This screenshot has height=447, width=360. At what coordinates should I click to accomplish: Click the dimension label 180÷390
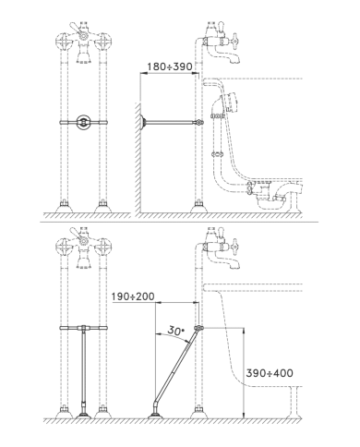170,66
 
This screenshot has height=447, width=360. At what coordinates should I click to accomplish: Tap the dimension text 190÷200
133,296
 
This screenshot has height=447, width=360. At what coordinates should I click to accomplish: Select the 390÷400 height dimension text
270,373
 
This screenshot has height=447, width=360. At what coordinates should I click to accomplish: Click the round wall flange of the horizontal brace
143,123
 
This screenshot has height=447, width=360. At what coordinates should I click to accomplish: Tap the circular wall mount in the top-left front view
83,122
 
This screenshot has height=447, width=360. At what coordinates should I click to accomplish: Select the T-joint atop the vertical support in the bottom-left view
83,328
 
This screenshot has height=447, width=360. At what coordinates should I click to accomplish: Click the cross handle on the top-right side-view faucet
235,41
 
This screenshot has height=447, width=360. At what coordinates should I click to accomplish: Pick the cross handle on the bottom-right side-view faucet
235,246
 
